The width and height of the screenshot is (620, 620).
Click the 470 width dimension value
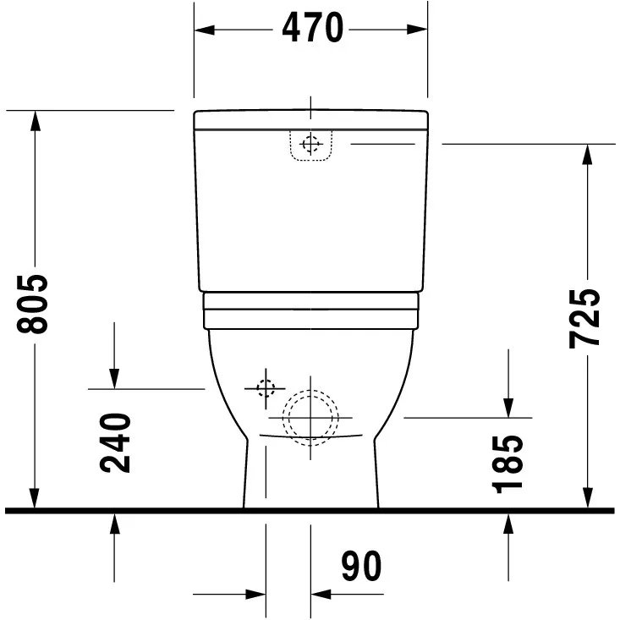[312, 29]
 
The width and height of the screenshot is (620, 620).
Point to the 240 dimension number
[116, 442]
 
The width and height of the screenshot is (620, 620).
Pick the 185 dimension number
[509, 463]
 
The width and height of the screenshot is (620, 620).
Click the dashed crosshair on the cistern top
[311, 145]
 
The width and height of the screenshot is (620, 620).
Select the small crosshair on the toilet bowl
[266, 388]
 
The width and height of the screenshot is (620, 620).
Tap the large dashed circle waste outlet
[310, 417]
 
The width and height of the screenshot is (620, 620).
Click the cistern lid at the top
[310, 119]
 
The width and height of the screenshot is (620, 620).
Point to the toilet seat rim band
[311, 311]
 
